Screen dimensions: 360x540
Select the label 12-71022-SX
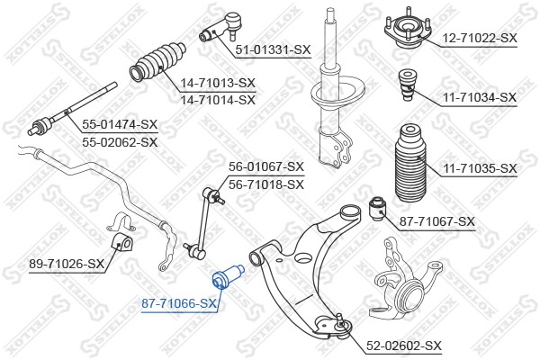(479, 38)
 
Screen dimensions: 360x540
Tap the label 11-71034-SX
(479, 96)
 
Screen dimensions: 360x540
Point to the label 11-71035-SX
(479, 168)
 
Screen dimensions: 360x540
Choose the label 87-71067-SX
(436, 221)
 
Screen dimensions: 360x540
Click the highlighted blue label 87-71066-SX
(179, 305)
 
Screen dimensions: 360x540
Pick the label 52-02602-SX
(404, 346)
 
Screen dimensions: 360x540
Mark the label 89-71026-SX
(67, 264)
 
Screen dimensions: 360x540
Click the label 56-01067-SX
(266, 166)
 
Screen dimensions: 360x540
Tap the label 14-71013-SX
(218, 82)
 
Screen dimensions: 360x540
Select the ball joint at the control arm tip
(343, 320)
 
